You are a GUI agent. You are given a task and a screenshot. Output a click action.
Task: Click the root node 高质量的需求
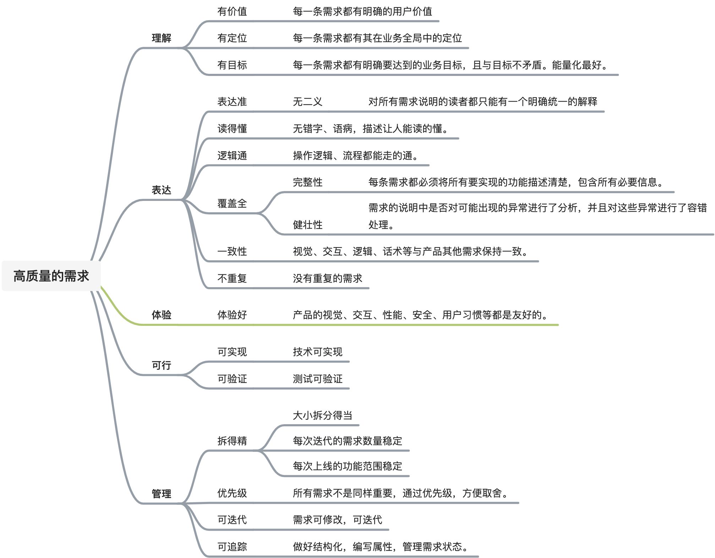51,276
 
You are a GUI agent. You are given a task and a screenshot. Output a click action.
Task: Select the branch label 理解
162,38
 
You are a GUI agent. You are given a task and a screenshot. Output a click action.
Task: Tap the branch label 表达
162,190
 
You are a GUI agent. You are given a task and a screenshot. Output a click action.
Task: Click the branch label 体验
162,315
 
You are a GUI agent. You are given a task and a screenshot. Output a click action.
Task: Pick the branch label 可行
162,365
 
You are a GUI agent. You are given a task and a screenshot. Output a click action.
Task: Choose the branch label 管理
162,494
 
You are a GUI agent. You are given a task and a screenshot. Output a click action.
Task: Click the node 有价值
232,11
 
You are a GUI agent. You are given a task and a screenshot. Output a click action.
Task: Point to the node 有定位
232,38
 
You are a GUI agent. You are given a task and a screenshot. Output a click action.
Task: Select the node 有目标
232,65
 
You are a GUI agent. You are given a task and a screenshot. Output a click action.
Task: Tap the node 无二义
307,102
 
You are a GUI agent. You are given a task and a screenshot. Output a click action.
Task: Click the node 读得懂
232,128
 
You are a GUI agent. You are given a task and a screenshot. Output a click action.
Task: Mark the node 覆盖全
232,203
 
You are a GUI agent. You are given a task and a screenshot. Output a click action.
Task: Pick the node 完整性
307,182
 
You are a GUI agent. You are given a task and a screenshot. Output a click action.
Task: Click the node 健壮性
307,225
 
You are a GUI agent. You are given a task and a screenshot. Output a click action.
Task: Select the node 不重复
232,278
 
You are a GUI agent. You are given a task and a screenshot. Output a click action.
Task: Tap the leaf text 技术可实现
317,352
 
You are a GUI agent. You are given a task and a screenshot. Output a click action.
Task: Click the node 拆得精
232,441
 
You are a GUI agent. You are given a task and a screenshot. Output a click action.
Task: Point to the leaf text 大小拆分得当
322,415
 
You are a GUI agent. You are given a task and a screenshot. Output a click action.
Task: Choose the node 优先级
232,493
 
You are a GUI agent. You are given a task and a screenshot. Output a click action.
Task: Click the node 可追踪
232,547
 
